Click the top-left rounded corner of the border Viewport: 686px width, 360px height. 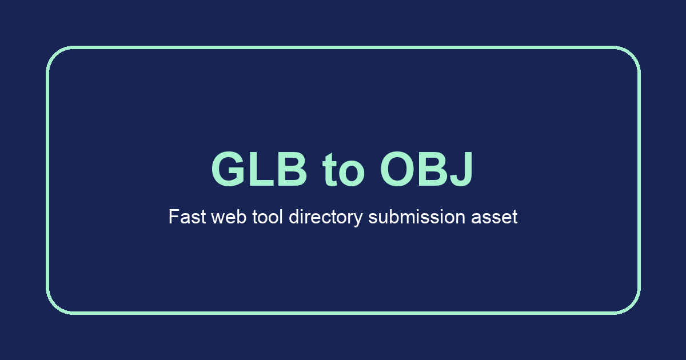tap(55, 55)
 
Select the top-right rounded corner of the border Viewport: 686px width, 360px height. tap(631, 55)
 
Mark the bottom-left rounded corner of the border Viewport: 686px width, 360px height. tap(55, 305)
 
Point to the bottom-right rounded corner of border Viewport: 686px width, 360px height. tap(631, 305)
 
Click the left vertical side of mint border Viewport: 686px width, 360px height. tap(47, 180)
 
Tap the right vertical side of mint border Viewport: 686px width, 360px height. tap(639, 180)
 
